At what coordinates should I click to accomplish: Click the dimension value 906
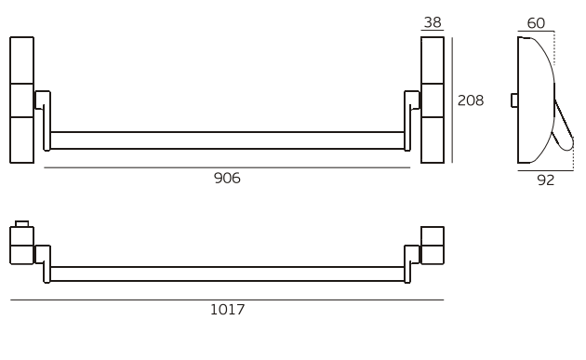point(227,178)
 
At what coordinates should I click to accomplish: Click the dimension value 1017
point(227,310)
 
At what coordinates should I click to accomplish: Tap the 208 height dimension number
point(471,100)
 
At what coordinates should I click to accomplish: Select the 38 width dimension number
point(433,22)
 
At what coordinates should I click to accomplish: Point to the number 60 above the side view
point(536,23)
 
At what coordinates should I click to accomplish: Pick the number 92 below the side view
point(546,180)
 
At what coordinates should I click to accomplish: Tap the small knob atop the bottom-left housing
point(21,223)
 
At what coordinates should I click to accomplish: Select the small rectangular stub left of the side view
point(514,100)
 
